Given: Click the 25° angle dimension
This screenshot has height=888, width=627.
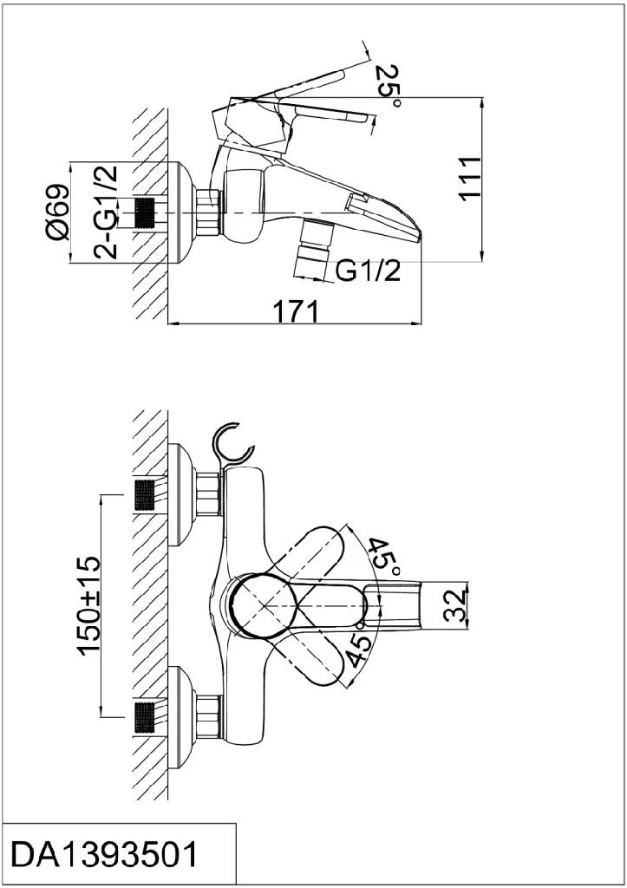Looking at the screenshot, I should tap(388, 85).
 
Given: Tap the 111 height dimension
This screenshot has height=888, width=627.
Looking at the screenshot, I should tap(469, 178).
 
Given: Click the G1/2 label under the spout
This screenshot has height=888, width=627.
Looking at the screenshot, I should tap(369, 271).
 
